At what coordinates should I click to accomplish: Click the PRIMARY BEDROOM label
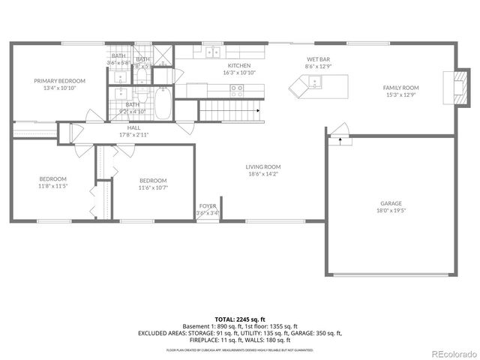click(59, 80)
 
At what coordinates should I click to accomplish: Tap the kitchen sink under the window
click(212, 52)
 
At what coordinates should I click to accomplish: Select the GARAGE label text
click(391, 202)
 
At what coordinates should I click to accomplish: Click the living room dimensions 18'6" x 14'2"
click(262, 174)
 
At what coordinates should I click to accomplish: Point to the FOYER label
click(207, 205)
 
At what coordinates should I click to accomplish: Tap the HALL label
click(133, 127)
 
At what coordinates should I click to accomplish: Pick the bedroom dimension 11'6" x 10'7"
click(152, 187)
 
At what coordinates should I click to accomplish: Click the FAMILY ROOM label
click(401, 88)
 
